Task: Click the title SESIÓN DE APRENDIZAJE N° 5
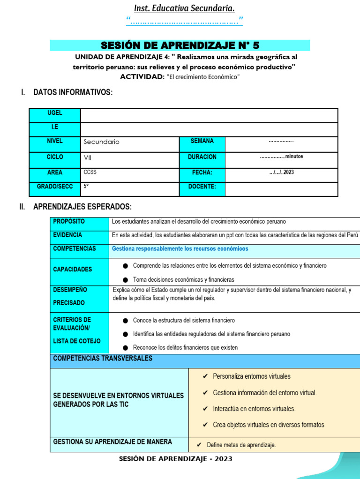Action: [180, 45]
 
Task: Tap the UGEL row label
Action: [55, 113]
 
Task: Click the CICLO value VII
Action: [88, 157]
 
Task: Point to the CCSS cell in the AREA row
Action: [90, 172]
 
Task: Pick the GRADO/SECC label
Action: [55, 187]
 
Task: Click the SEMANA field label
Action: [202, 141]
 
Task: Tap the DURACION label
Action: [202, 157]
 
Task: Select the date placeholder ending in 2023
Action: [281, 172]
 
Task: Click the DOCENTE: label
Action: [202, 187]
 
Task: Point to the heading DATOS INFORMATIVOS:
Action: [73, 92]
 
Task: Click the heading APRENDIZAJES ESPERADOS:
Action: [82, 207]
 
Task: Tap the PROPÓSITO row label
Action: [69, 221]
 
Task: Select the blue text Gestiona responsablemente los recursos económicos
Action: [180, 248]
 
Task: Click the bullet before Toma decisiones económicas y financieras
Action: [125, 279]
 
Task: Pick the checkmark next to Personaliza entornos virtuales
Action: [205, 376]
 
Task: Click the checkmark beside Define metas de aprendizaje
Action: [199, 445]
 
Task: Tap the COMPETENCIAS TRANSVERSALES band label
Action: [103, 359]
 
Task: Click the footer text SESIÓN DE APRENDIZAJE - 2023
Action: [176, 459]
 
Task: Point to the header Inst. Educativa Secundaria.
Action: [184, 8]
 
